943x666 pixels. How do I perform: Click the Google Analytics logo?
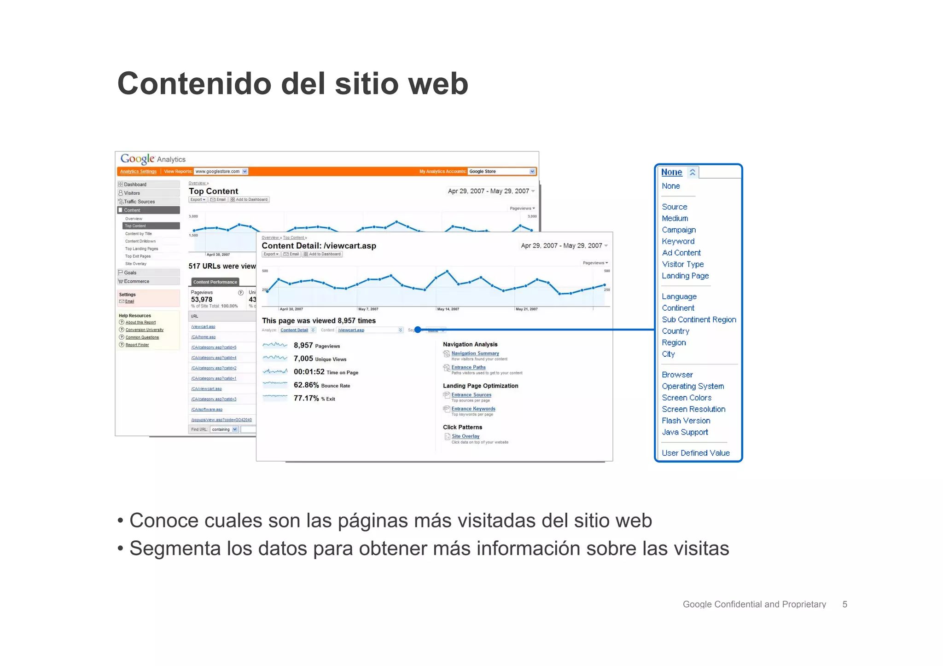tap(152, 159)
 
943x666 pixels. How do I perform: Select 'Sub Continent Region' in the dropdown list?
tap(699, 319)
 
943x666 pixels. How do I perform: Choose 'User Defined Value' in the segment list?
tap(695, 453)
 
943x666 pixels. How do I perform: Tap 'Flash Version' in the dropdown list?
tap(686, 421)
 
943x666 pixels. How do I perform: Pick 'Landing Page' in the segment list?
tap(685, 276)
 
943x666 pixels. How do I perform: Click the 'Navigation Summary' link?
tap(475, 353)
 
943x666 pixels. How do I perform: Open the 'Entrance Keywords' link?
tap(473, 409)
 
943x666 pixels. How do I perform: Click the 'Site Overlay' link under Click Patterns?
tap(465, 436)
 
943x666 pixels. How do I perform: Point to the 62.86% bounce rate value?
tap(306, 385)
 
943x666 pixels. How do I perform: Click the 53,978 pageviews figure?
tap(202, 300)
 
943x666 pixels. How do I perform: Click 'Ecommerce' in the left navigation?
tap(136, 281)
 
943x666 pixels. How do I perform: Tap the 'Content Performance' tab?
tap(215, 282)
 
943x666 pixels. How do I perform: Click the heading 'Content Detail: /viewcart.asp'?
tap(319, 246)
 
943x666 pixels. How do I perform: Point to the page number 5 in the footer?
tap(844, 604)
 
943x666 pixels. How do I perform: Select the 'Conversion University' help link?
tap(144, 330)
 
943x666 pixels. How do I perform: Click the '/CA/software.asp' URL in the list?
tap(207, 410)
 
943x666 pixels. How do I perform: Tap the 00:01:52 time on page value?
tap(309, 372)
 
